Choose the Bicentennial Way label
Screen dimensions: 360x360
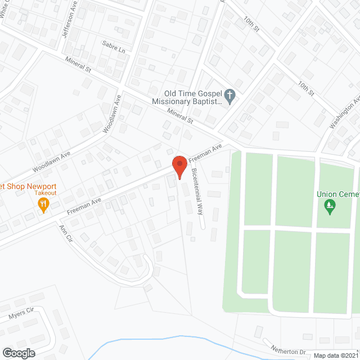[196, 192]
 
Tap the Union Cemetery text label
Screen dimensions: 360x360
[337, 194]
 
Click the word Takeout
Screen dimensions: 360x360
[44, 193]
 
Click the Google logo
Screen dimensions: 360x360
[19, 353]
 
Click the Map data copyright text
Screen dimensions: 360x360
[335, 355]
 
